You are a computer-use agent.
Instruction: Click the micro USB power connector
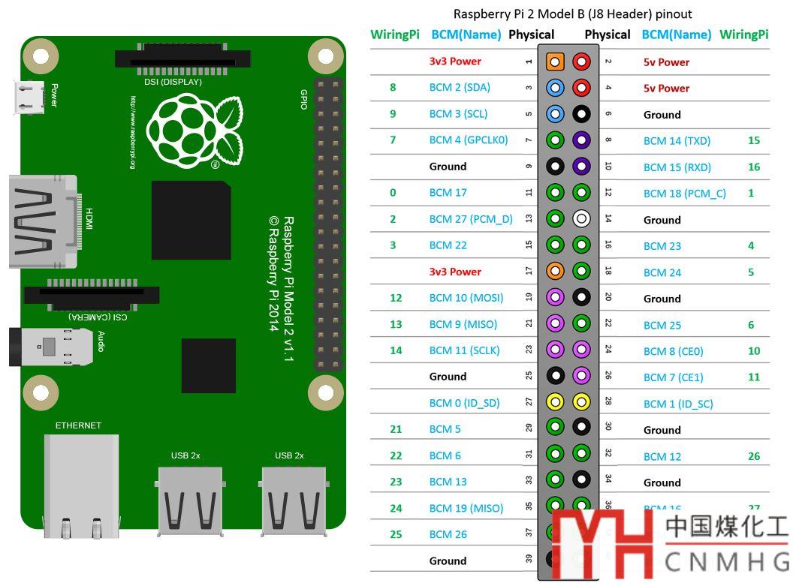(x=31, y=98)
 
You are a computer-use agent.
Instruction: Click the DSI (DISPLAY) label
(x=173, y=82)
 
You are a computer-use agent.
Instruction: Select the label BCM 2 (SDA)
(x=460, y=88)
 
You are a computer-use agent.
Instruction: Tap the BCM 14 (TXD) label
(x=677, y=141)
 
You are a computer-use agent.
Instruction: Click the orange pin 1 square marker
(x=555, y=62)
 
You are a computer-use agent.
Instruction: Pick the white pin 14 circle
(x=581, y=219)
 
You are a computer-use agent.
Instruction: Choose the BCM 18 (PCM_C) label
(x=684, y=194)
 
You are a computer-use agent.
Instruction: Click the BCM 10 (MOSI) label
(x=466, y=298)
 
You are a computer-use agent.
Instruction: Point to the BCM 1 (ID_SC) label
(x=677, y=404)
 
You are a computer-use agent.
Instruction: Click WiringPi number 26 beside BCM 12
(x=754, y=456)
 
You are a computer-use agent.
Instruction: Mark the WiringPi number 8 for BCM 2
(x=393, y=88)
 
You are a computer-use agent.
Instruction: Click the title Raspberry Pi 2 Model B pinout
(x=572, y=14)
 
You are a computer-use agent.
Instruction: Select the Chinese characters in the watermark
(x=726, y=528)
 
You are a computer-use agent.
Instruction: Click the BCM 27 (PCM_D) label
(x=471, y=219)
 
